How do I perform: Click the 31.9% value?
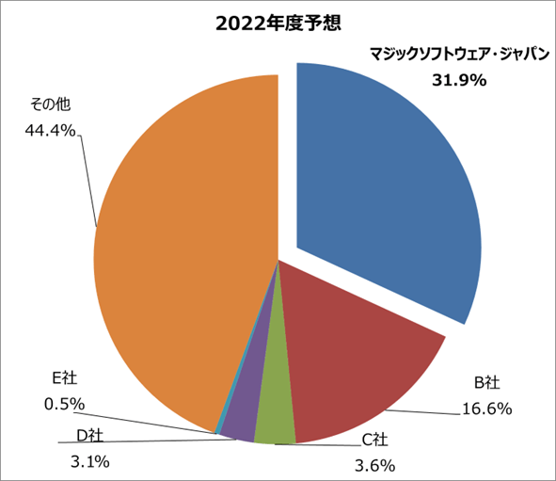(x=458, y=81)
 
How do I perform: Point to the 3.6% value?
(x=375, y=464)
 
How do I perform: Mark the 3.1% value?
(x=90, y=461)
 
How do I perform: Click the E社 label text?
(x=64, y=378)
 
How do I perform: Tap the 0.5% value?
(x=64, y=404)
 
